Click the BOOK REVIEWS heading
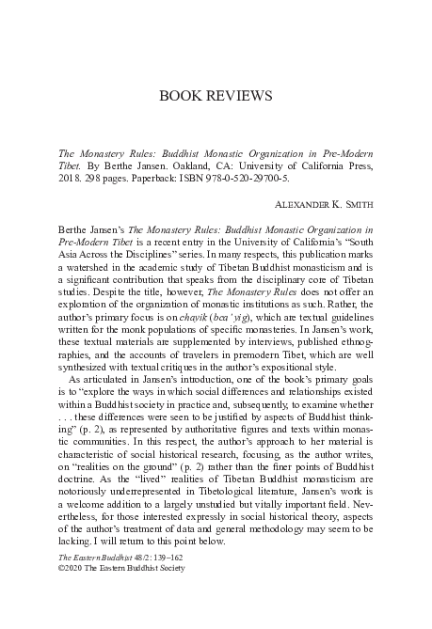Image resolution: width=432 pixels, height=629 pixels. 216,96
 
